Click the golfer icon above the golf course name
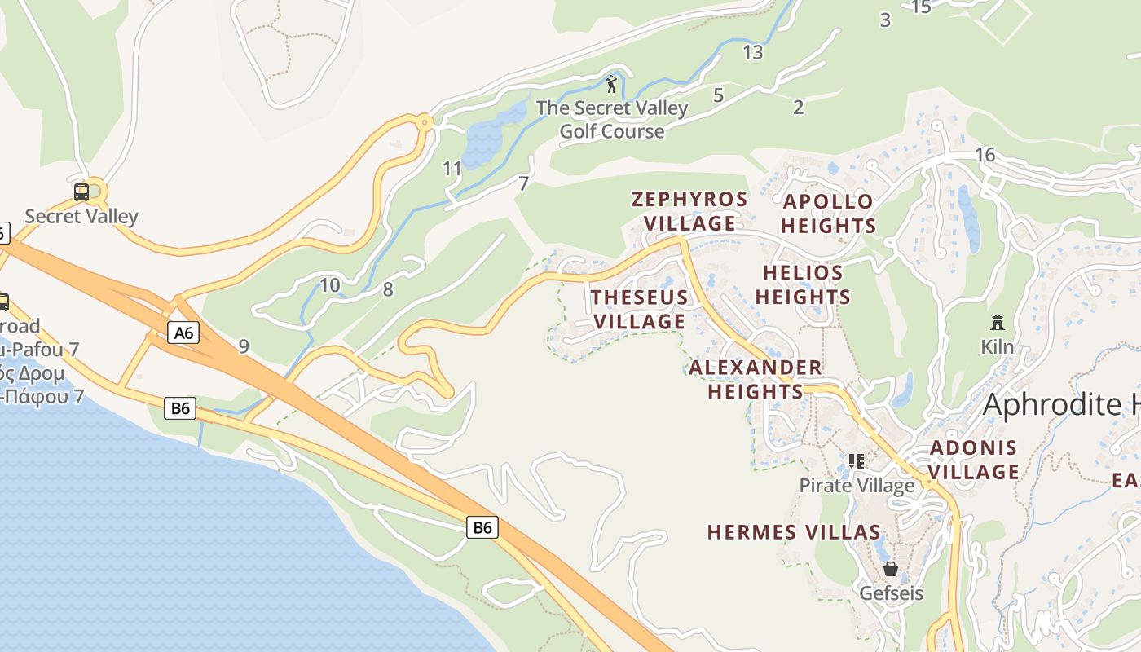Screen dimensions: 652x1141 pos(611,83)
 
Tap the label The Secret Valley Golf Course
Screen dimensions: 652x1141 pos(611,119)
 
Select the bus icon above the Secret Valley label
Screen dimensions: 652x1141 pos(81,192)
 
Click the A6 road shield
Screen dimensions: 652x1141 pos(184,333)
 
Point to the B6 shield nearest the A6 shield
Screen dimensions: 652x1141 pos(180,407)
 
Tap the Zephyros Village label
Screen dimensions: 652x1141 pos(689,211)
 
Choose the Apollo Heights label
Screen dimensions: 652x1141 pos(829,214)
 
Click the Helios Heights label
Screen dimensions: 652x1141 pos(803,284)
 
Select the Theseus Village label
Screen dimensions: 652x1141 pos(640,309)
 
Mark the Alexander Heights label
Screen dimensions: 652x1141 pos(756,379)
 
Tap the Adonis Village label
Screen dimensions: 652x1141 pos(974,460)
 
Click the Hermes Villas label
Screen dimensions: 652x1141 pos(794,532)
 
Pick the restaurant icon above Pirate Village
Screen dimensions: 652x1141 pos(856,461)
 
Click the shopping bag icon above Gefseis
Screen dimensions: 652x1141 pos(891,568)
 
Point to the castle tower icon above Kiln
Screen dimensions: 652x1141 pos(997,322)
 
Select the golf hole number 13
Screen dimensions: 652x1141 pos(753,52)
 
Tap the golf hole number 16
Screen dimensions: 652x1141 pos(985,155)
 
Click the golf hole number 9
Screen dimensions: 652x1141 pos(244,346)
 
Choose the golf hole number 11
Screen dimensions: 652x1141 pos(452,169)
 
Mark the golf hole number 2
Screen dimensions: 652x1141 pos(798,107)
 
